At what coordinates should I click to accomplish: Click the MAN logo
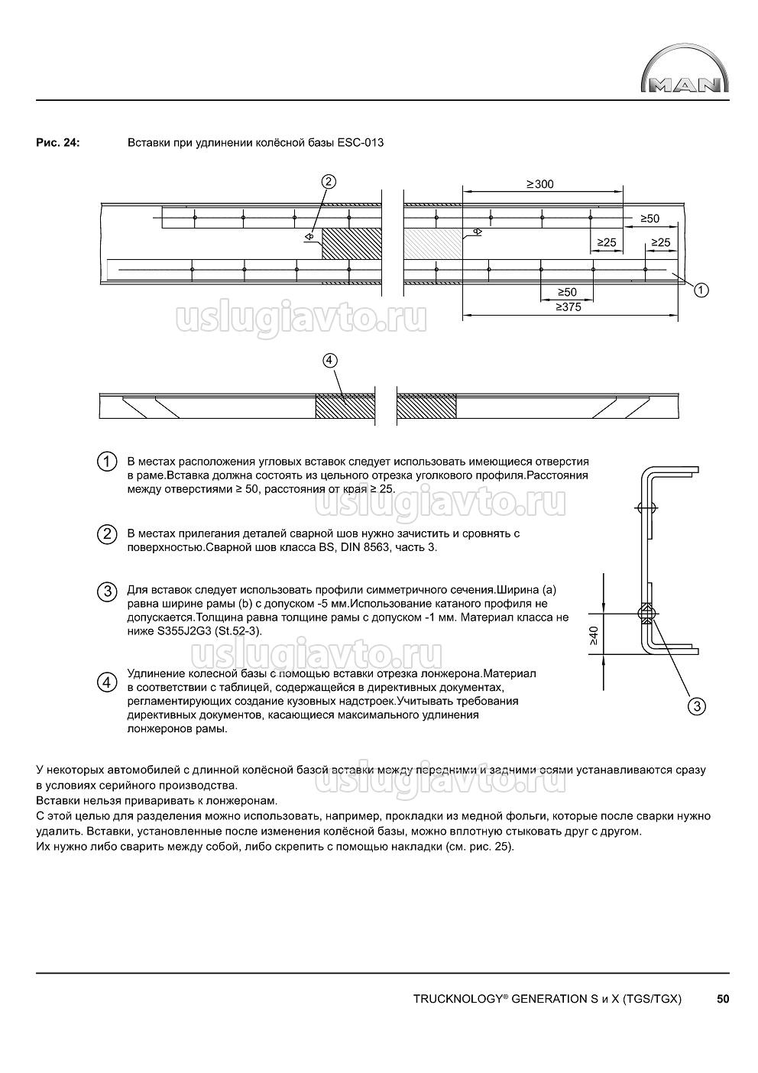pyautogui.click(x=684, y=74)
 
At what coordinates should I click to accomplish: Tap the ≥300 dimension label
pyautogui.click(x=539, y=184)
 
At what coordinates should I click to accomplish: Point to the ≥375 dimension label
pyautogui.click(x=569, y=306)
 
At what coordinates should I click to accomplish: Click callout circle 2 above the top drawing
pyautogui.click(x=329, y=182)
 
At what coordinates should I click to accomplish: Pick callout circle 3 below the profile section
pyautogui.click(x=696, y=706)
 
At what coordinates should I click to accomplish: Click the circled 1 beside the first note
pyautogui.click(x=107, y=462)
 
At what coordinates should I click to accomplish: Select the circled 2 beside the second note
pyautogui.click(x=107, y=534)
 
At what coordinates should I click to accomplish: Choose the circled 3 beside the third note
pyautogui.click(x=107, y=592)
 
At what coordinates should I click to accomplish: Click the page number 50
pyautogui.click(x=723, y=998)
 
